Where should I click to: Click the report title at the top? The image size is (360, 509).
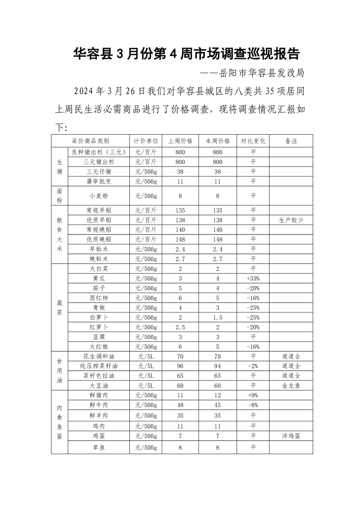click(x=186, y=54)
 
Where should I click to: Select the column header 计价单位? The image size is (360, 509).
click(x=146, y=141)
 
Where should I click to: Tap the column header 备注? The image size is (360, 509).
click(x=291, y=141)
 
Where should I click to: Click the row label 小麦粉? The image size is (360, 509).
click(x=98, y=196)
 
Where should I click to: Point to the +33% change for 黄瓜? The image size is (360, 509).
click(x=253, y=279)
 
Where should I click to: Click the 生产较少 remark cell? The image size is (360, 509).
click(x=291, y=220)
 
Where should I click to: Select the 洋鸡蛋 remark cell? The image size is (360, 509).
click(x=291, y=436)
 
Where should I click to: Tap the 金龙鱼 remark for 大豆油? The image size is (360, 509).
click(x=291, y=386)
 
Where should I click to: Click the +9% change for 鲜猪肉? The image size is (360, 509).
click(x=253, y=395)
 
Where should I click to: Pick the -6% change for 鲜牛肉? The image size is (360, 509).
click(x=253, y=405)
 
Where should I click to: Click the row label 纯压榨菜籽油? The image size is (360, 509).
click(x=98, y=366)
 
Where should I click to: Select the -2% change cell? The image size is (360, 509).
click(x=253, y=366)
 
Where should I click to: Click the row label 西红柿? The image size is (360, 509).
click(x=98, y=298)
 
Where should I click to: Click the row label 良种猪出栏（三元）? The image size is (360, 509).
click(x=98, y=152)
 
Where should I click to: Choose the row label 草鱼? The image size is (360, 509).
click(x=98, y=447)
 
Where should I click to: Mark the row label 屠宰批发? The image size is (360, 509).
click(x=98, y=181)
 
